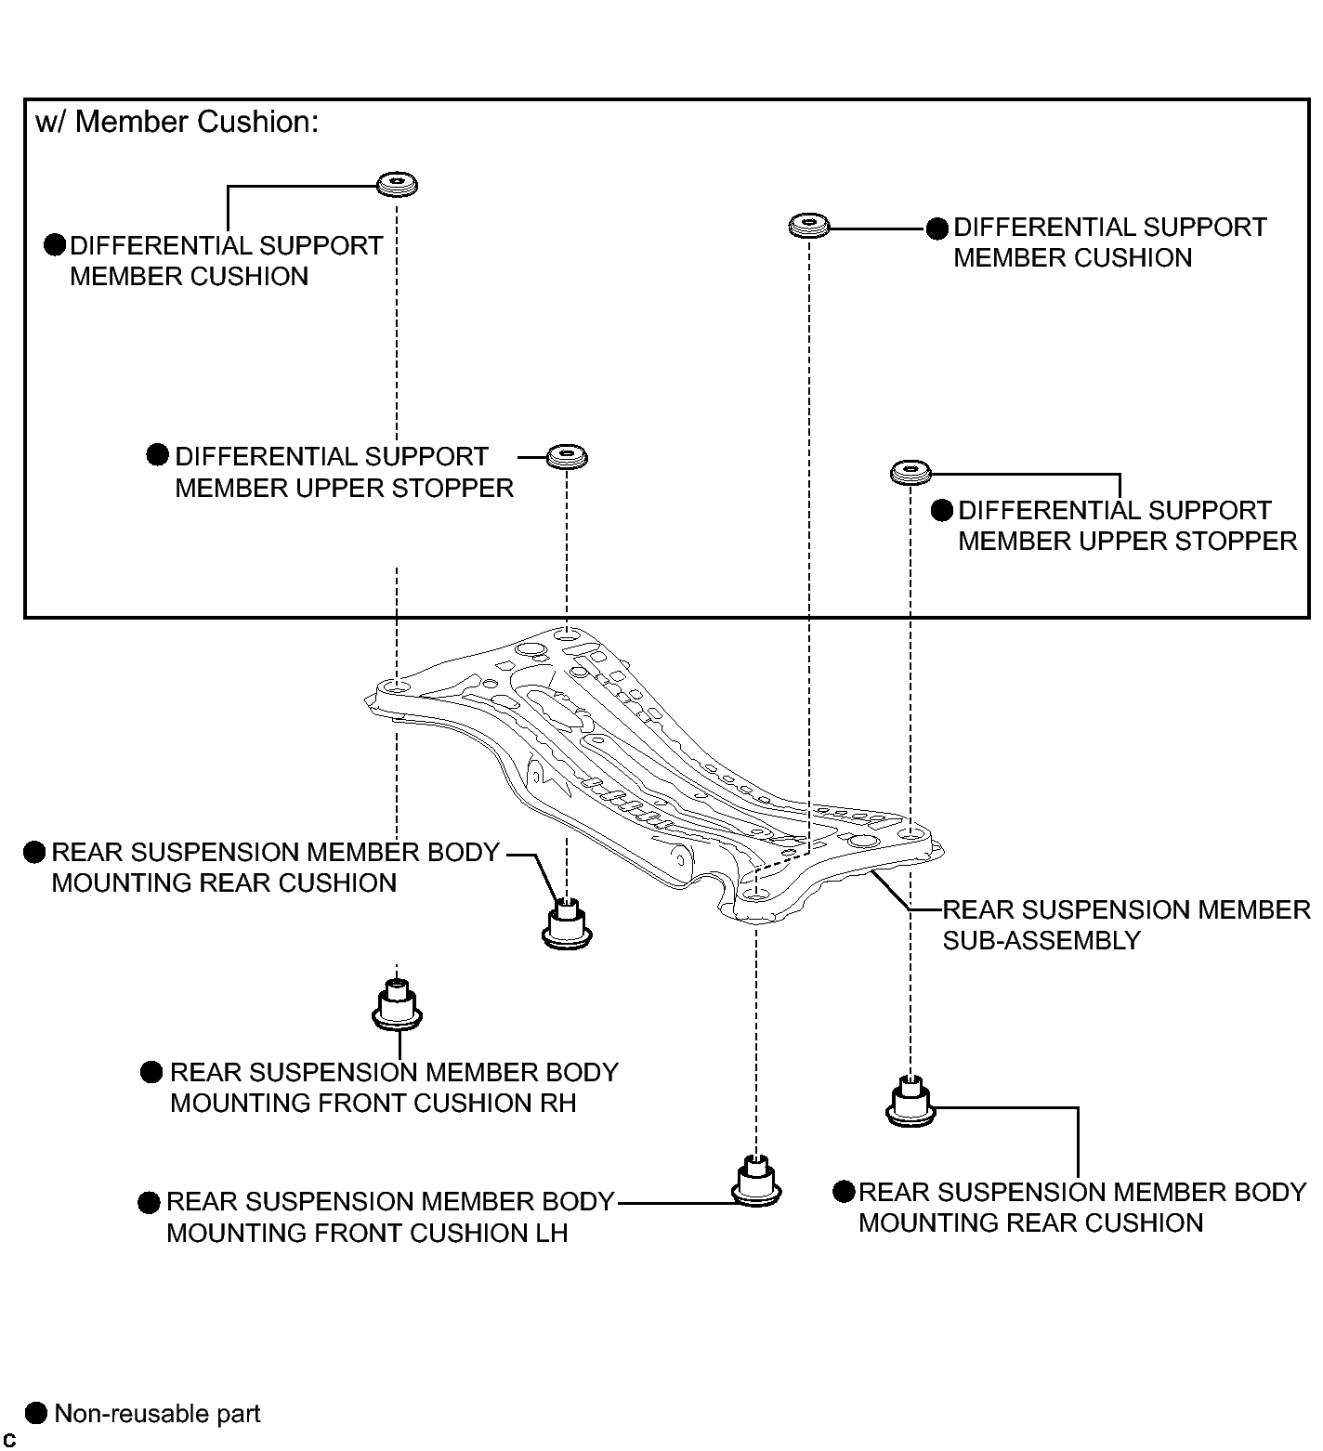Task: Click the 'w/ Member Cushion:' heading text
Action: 177,123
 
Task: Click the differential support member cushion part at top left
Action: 397,184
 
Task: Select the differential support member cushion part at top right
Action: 809,225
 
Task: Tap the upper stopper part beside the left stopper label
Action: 567,457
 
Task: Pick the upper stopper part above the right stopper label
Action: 910,472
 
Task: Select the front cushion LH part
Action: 757,1181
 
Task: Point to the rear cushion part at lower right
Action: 910,1101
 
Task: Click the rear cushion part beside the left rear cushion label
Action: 567,923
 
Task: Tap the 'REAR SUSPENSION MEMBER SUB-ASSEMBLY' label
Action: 1126,924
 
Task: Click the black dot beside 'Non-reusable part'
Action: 35,1413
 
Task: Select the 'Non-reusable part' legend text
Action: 158,1414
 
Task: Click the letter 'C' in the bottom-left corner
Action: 9,1440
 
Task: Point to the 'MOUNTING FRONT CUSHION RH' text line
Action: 373,1103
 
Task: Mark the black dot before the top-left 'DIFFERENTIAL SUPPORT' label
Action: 56,245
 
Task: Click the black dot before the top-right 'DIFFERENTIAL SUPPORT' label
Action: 938,229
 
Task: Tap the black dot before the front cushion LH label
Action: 149,1203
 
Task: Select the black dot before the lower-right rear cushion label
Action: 844,1192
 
